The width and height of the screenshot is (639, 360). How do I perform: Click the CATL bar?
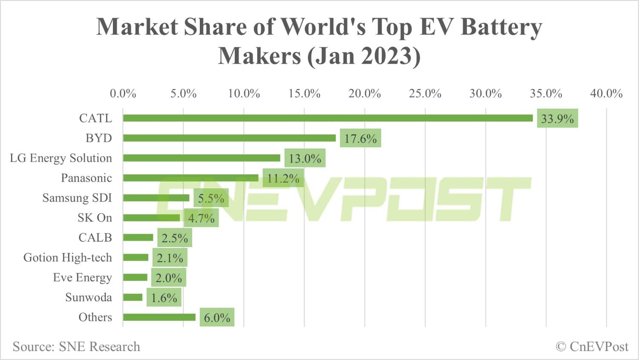[x=328, y=118]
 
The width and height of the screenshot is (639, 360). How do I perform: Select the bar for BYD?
[x=229, y=138]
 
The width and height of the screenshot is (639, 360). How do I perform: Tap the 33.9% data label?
[x=557, y=118]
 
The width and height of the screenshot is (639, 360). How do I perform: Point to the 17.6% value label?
[x=360, y=138]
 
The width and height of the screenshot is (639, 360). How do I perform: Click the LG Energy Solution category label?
[x=61, y=158]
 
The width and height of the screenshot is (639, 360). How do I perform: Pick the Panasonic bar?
[x=190, y=178]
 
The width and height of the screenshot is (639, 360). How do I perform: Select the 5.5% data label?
[x=211, y=198]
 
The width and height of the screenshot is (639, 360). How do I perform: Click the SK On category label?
[x=95, y=218]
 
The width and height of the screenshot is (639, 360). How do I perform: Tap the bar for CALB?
[x=138, y=238]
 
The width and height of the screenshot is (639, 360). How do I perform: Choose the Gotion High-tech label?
[x=68, y=258]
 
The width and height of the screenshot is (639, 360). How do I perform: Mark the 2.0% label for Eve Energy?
[x=169, y=278]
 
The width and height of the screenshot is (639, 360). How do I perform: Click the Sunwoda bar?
[x=133, y=297]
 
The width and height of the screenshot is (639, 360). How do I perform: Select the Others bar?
[x=159, y=317]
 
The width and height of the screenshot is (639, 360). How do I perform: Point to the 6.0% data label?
[x=217, y=317]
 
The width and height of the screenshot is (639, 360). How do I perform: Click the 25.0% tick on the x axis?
[x=425, y=93]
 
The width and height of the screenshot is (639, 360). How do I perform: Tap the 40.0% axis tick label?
[x=606, y=93]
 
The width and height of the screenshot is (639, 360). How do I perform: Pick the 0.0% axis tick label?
[x=123, y=93]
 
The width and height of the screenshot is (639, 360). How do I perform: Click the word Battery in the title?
[x=501, y=27]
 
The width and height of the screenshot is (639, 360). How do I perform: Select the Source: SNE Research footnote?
[x=76, y=347]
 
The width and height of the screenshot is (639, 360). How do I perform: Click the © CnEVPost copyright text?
[x=592, y=347]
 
